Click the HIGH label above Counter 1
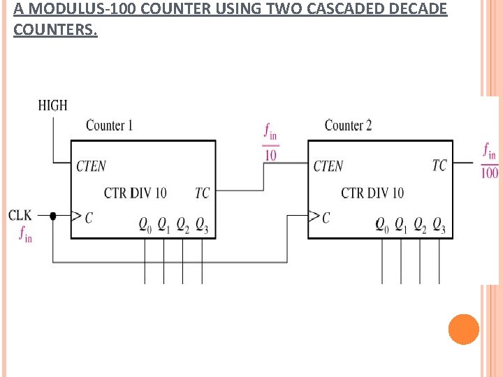[52, 105]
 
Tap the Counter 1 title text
[109, 126]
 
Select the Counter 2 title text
[348, 126]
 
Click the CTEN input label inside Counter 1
[91, 166]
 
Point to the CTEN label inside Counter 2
[328, 166]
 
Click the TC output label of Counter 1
[202, 193]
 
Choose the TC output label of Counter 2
[439, 165]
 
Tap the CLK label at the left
[20, 214]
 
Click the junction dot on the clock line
[53, 216]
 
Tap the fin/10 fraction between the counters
[270, 142]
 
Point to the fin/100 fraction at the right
[490, 161]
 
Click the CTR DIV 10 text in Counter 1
[135, 193]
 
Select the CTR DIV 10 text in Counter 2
[372, 193]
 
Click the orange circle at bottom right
[464, 330]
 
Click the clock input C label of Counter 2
[326, 219]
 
